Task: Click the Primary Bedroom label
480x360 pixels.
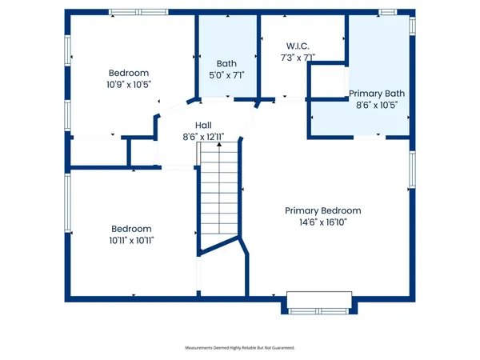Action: (x=323, y=210)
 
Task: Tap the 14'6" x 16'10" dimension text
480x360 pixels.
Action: (x=323, y=222)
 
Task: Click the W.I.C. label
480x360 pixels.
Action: (x=288, y=46)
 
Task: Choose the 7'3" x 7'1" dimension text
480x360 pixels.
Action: (x=288, y=57)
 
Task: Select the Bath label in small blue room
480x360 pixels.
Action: (x=226, y=63)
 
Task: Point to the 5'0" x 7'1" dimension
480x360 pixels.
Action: (x=226, y=74)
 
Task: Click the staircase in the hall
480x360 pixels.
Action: (x=219, y=192)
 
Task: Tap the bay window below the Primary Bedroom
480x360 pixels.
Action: (x=318, y=304)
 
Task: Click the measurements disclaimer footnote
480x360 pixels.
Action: (x=240, y=348)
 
